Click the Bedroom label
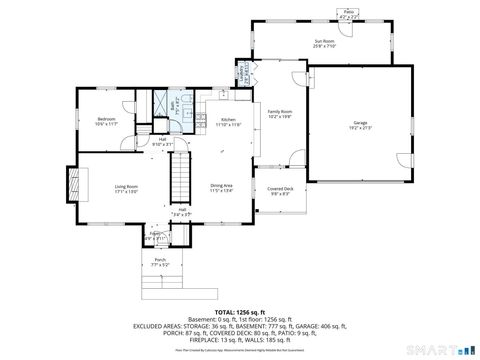[x=107, y=118]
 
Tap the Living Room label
[x=124, y=186]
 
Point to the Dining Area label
[x=221, y=186]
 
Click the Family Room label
[x=279, y=111]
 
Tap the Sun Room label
[x=324, y=40]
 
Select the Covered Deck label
[x=279, y=188]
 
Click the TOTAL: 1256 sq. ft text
[x=239, y=312]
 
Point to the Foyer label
[x=152, y=236]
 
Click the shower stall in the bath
[x=158, y=102]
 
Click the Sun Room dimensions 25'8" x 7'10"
[x=324, y=46]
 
